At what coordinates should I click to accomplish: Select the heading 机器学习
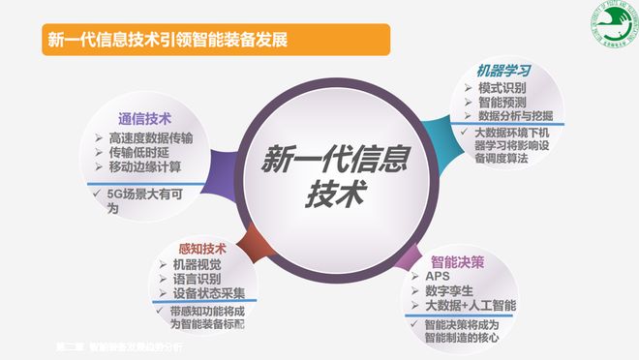(x=502, y=70)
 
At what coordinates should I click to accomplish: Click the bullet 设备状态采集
(x=209, y=292)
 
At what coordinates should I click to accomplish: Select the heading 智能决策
(x=459, y=260)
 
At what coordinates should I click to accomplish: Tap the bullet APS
(x=440, y=277)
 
